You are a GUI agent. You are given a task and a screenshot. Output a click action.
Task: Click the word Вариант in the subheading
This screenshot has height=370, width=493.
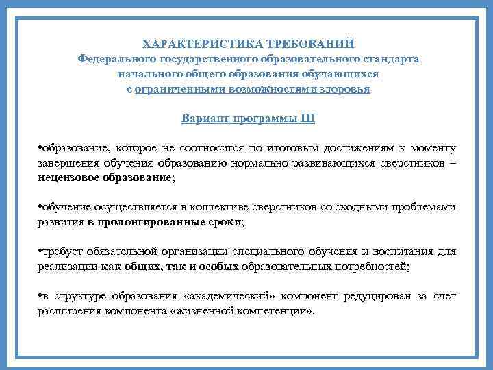[x=205, y=119]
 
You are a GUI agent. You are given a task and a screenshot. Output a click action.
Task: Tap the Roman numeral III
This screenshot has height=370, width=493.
[x=307, y=119]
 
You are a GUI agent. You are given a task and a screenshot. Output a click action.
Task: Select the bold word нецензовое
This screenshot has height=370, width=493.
[x=70, y=177]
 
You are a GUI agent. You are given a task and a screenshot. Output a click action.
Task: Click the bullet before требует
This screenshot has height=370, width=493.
[x=40, y=251]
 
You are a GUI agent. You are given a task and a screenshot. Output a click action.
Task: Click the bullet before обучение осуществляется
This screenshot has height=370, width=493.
[x=40, y=208]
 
